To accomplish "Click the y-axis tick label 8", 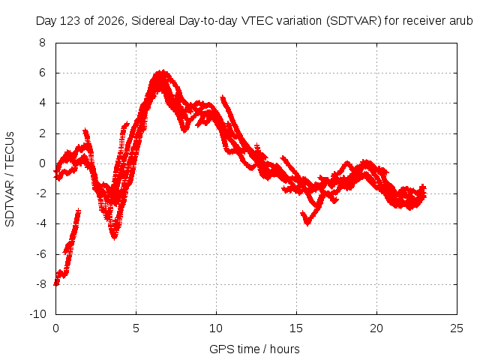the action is point(42,43).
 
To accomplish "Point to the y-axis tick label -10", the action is point(37,313).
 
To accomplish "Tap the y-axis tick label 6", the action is point(42,73).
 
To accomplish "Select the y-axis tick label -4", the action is point(40,223).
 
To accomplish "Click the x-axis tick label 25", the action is point(457,328).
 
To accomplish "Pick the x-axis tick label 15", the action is point(296,328).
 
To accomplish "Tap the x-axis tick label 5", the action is point(136,328).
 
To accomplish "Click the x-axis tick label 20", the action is point(376,328).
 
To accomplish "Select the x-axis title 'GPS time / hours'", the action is point(254,349).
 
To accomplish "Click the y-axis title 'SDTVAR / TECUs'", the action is point(10,179).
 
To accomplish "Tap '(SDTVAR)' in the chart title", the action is point(353,21).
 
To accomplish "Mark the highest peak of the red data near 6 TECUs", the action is point(163,71).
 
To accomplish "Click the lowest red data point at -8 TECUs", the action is point(55,283).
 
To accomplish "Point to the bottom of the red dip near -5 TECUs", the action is point(114,237).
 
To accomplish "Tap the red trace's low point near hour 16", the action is point(307,223).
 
